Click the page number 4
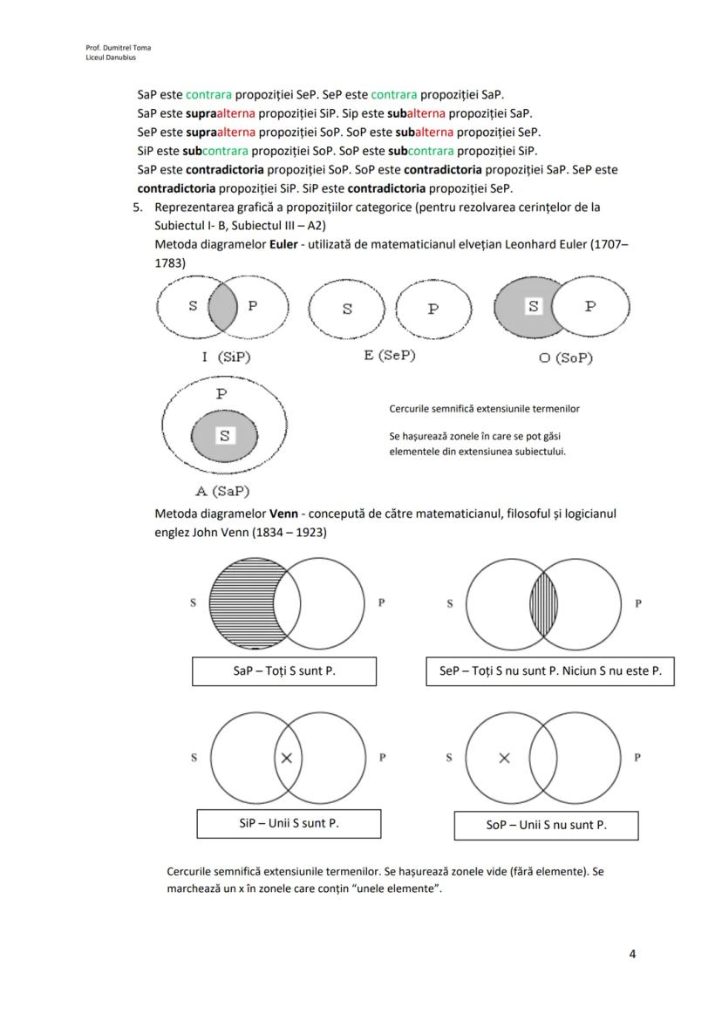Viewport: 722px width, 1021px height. coord(632,954)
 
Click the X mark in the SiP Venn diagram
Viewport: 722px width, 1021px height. coord(286,758)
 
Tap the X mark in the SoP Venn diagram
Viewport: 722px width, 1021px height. coord(504,758)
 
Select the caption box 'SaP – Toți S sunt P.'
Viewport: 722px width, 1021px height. coord(284,671)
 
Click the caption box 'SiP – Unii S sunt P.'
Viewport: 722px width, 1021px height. coord(289,822)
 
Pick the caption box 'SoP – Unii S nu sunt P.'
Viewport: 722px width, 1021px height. coord(546,825)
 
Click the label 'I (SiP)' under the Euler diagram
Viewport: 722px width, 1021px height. coord(221,357)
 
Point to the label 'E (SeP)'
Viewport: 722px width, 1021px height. coord(390,356)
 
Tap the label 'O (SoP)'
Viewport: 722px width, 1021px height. coord(565,357)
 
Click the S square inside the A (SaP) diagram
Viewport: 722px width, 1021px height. coord(224,435)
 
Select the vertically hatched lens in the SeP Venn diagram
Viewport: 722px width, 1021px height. coord(544,603)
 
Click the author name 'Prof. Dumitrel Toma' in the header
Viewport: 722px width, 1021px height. coord(112,47)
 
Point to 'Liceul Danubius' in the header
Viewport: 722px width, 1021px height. coord(105,57)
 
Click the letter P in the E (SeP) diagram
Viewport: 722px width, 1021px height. coord(433,310)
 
